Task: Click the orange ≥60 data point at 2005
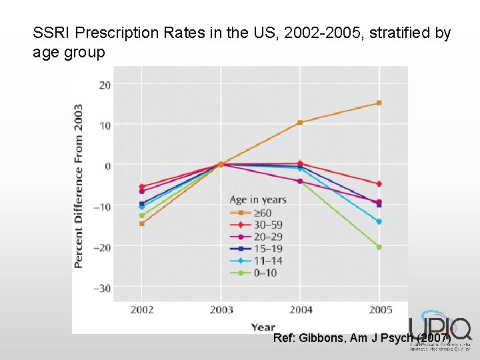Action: click(x=379, y=103)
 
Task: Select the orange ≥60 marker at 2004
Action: click(x=300, y=123)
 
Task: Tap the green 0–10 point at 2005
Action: click(x=379, y=247)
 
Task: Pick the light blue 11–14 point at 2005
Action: click(x=379, y=221)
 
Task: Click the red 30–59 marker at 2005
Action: click(x=379, y=184)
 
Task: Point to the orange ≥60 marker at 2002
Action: click(x=141, y=223)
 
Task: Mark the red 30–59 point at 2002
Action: click(x=141, y=187)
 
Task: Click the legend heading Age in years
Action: click(x=257, y=199)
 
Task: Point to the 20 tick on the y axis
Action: click(x=105, y=85)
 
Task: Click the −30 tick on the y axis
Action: click(x=102, y=287)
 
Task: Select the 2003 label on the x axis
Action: click(x=221, y=310)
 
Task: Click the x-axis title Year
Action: click(x=263, y=327)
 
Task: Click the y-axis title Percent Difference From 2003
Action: click(x=79, y=186)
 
